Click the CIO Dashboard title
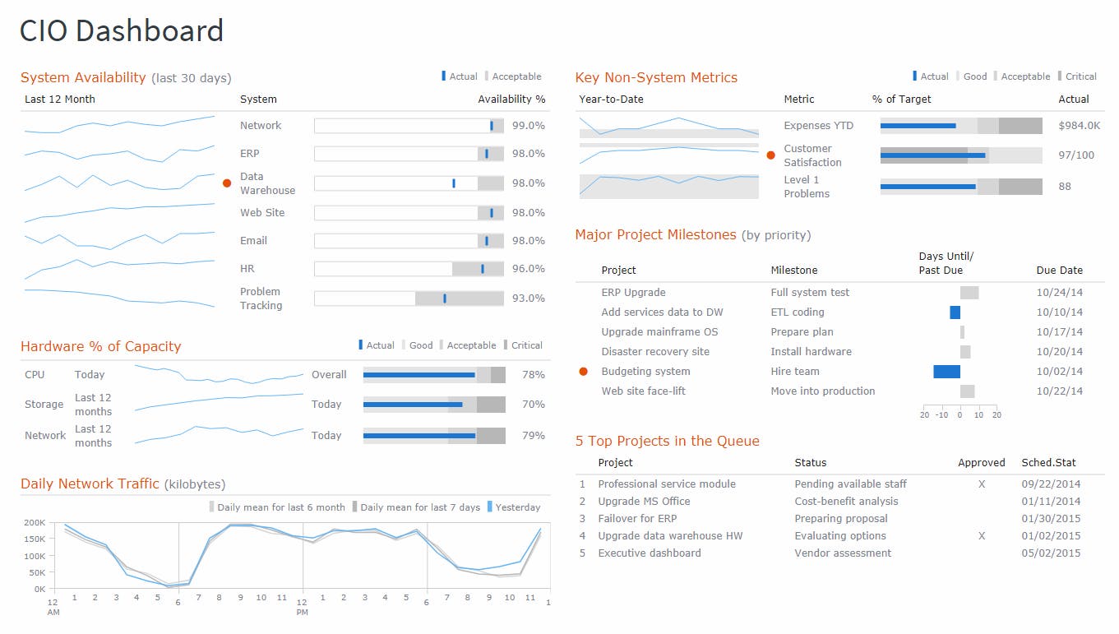pyautogui.click(x=122, y=31)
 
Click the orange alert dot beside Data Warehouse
pyautogui.click(x=227, y=183)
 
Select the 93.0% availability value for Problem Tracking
pyautogui.click(x=528, y=298)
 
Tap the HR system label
pyautogui.click(x=247, y=269)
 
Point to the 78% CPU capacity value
pyautogui.click(x=533, y=375)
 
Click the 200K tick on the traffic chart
pyautogui.click(x=34, y=523)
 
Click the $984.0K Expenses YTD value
pyautogui.click(x=1079, y=126)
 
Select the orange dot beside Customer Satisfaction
pyautogui.click(x=770, y=155)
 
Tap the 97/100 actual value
pyautogui.click(x=1075, y=155)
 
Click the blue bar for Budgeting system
pyautogui.click(x=946, y=372)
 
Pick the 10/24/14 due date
pyautogui.click(x=1059, y=293)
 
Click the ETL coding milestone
pyautogui.click(x=797, y=312)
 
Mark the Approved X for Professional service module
pyautogui.click(x=981, y=484)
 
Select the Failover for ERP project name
pyautogui.click(x=637, y=519)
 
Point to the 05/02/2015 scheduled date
pyautogui.click(x=1051, y=553)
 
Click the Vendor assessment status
pyautogui.click(x=842, y=553)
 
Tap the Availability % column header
pyautogui.click(x=511, y=99)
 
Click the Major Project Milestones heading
pyautogui.click(x=655, y=235)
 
